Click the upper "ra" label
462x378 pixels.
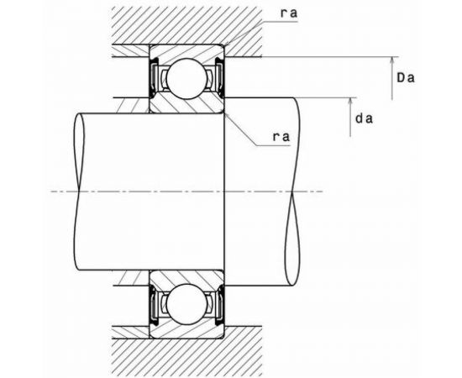(x=289, y=13)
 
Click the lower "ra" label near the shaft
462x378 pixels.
(x=281, y=137)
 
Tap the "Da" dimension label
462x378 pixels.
(x=406, y=78)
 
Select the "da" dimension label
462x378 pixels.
(x=364, y=118)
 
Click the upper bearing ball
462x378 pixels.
(x=186, y=78)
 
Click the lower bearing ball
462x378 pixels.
(x=186, y=304)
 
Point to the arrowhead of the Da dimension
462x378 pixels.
(x=392, y=60)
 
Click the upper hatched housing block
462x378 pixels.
(x=186, y=26)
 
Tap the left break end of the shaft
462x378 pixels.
(x=79, y=192)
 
